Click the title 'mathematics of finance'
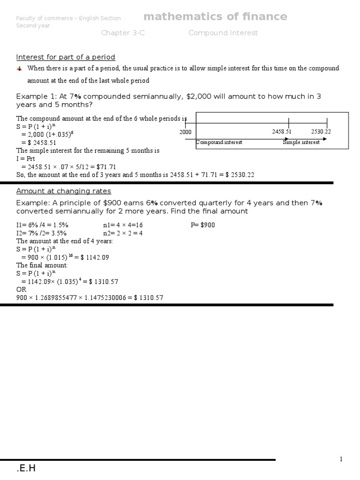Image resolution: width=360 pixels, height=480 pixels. (x=215, y=17)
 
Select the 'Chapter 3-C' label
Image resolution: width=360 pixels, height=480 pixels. (x=120, y=33)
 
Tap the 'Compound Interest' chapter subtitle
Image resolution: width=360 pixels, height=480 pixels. (x=223, y=33)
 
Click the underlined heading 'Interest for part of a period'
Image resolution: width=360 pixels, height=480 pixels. (x=66, y=57)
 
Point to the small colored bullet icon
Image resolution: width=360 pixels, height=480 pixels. (x=19, y=68)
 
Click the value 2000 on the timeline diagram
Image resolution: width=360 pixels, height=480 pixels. (x=185, y=132)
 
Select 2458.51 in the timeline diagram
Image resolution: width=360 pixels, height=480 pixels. (x=282, y=132)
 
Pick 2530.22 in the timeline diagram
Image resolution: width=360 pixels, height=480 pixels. (x=321, y=132)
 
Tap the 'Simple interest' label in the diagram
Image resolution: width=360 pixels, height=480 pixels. (x=301, y=142)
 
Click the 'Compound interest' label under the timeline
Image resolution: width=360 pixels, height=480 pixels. (x=219, y=142)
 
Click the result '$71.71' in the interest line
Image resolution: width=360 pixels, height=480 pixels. (x=106, y=166)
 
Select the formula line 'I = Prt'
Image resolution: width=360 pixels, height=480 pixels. (x=29, y=158)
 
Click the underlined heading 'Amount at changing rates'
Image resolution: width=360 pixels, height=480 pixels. (x=64, y=191)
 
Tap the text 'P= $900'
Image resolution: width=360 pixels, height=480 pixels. (x=203, y=225)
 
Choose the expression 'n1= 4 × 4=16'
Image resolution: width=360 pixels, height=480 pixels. (x=123, y=225)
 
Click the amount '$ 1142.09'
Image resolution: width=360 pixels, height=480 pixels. (x=95, y=257)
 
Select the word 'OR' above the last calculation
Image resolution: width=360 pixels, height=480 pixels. (x=22, y=290)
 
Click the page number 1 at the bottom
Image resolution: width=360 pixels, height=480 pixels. (x=342, y=459)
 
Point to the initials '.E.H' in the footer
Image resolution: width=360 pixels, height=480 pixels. (x=26, y=468)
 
